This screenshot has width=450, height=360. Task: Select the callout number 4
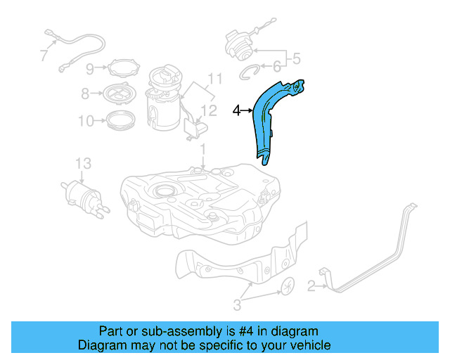pyautogui.click(x=237, y=110)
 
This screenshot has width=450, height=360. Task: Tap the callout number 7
pyautogui.click(x=44, y=54)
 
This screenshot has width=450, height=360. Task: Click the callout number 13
pyautogui.click(x=83, y=163)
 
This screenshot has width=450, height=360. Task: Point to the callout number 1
pyautogui.click(x=202, y=149)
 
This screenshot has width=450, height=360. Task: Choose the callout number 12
pyautogui.click(x=210, y=110)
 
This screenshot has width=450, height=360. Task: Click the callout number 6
pyautogui.click(x=276, y=67)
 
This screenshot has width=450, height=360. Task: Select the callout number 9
pyautogui.click(x=90, y=68)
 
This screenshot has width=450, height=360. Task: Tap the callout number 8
pyautogui.click(x=85, y=93)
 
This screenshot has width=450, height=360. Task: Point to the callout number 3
pyautogui.click(x=237, y=304)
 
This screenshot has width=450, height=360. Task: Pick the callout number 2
pyautogui.click(x=310, y=285)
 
